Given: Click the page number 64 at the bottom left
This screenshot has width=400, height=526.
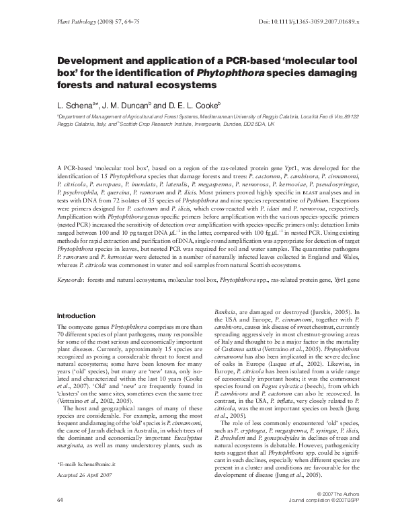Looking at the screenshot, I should [60, 519].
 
